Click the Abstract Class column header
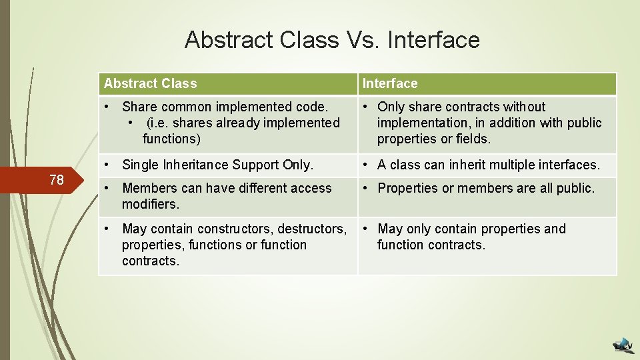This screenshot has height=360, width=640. tap(227, 83)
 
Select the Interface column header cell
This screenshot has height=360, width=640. tap(487, 83)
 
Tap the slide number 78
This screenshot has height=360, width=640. tap(57, 179)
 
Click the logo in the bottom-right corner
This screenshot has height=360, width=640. tap(624, 343)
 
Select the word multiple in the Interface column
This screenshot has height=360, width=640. tap(502, 165)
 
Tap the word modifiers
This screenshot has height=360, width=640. tap(151, 204)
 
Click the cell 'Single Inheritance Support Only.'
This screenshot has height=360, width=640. tap(227, 165)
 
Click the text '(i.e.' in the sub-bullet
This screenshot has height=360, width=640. tap(159, 123)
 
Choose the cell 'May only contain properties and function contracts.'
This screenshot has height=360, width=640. tap(487, 245)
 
